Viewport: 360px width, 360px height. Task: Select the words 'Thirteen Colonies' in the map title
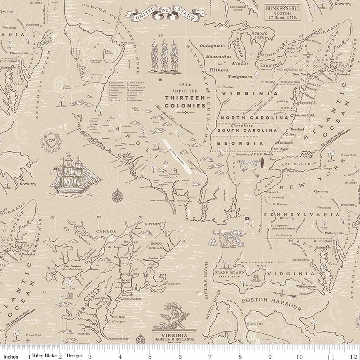click(185, 101)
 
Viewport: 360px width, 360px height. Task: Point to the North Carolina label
click(254, 118)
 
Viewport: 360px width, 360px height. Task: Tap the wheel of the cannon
click(227, 238)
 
